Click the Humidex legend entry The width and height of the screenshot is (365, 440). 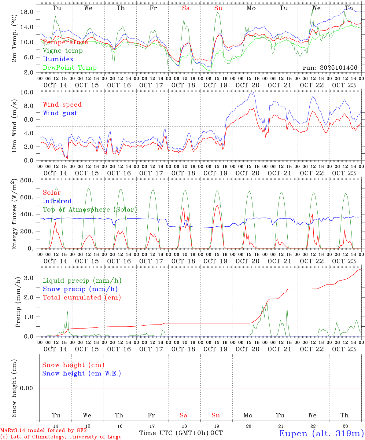coord(58,59)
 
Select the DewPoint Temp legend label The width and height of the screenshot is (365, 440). coord(70,68)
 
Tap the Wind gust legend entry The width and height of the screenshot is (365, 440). coord(60,113)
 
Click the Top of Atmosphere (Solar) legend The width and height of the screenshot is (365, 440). coord(90,210)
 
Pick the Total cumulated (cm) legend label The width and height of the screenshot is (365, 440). coord(82,297)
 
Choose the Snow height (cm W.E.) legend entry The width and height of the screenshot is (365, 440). coord(82,373)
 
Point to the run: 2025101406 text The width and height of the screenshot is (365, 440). coord(330,68)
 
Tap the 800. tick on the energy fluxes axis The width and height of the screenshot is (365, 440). coord(26,180)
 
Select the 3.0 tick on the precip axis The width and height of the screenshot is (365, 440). coord(28,278)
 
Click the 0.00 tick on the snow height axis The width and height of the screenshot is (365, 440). coord(26,388)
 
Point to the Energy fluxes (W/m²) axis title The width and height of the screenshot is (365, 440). coord(14,215)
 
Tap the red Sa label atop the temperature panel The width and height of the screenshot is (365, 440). coord(186,8)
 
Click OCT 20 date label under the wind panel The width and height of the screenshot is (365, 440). coord(247,173)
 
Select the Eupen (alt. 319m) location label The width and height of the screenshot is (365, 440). coord(321,433)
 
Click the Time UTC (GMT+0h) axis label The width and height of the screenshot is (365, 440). coord(174,433)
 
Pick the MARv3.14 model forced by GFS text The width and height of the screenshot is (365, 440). coord(43,431)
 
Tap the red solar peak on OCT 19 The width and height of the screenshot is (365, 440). coord(217,206)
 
